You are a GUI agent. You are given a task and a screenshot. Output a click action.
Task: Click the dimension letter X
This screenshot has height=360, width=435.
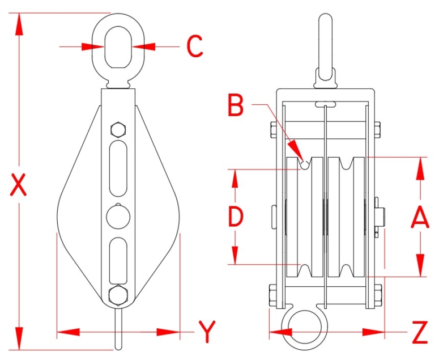pos(19,185)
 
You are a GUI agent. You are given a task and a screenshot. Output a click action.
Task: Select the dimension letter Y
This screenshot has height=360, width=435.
pos(207,332)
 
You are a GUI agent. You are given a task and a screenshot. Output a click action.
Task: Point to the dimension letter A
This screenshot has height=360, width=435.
pos(420,217)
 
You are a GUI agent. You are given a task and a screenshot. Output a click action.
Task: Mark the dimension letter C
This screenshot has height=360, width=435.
pos(195,47)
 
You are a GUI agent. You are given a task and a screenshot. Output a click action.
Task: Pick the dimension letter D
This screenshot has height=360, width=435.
pos(235,217)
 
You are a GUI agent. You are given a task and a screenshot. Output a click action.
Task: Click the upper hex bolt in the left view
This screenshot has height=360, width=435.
pos(118,129)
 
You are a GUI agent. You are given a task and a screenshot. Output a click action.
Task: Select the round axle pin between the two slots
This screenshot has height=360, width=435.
pos(118,216)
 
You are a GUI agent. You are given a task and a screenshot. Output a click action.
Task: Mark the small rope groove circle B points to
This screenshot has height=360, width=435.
pos(304,164)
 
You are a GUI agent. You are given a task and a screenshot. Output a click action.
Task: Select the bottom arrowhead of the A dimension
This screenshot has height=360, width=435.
pos(420,267)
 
